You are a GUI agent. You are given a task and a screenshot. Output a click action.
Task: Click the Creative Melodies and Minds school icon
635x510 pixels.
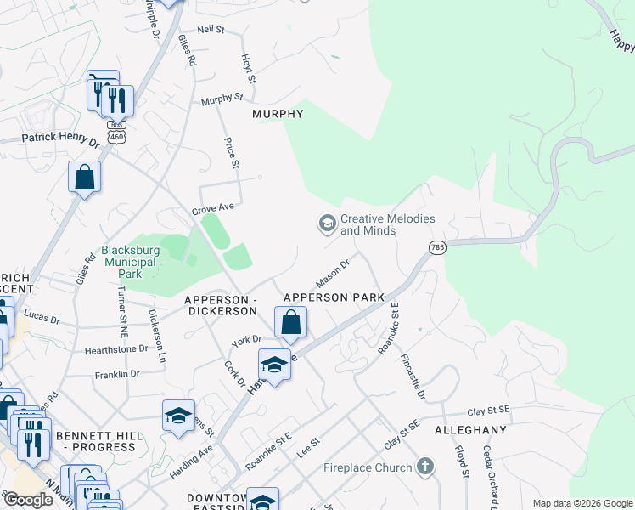[x=326, y=224]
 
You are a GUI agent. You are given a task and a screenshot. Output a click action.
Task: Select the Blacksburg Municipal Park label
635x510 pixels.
[x=128, y=256]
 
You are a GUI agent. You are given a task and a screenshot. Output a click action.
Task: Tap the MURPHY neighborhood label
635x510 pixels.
[x=278, y=114]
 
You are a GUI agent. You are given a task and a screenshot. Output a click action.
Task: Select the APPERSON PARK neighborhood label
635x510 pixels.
[x=334, y=297]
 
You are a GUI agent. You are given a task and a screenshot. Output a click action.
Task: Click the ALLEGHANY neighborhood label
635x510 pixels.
[x=470, y=430]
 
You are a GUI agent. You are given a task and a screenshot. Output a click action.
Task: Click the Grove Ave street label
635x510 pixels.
[x=212, y=206]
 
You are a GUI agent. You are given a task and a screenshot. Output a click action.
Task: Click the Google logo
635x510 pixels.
[x=28, y=500]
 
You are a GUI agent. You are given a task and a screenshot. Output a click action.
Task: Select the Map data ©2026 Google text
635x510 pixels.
[x=582, y=503]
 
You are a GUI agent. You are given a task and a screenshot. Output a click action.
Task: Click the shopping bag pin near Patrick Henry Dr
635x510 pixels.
[x=85, y=178]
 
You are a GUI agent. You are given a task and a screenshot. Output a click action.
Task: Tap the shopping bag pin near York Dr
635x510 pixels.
[x=290, y=323]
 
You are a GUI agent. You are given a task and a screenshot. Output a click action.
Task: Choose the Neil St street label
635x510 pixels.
[x=210, y=30]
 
